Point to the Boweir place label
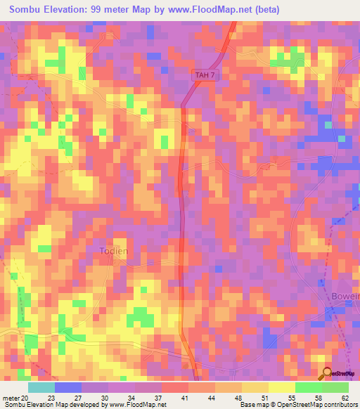[x=345, y=297]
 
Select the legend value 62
[x=345, y=397]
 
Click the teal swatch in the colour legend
[x=41, y=387]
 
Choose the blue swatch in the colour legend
[x=67, y=387]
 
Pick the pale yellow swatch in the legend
[x=281, y=387]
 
